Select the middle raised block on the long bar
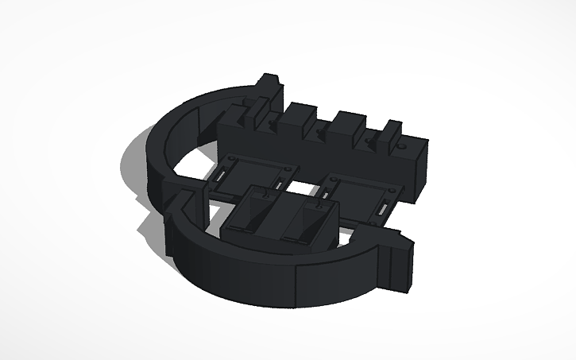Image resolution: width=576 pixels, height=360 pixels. pos(347,124)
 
